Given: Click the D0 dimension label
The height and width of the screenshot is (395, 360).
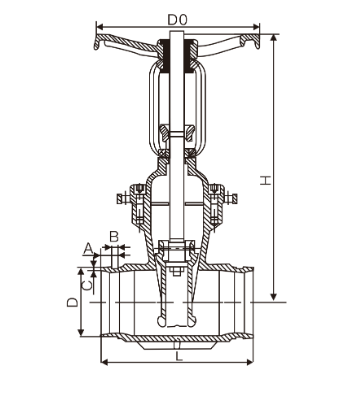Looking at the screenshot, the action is point(177,20).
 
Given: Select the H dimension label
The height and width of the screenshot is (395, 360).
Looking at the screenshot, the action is point(266,180).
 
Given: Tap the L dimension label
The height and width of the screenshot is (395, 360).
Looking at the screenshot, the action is point(179,356).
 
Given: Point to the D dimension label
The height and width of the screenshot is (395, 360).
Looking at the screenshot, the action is point(73,302).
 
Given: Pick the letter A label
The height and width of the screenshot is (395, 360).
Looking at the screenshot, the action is point(88,249).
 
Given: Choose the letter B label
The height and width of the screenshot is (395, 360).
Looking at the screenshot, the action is point(114,237).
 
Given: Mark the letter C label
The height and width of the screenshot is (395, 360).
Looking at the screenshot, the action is point(87,285).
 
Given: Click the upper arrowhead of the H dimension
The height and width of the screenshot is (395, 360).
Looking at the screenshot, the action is point(274,37).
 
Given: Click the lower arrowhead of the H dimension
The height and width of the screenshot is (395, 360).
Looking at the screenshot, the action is point(274,297).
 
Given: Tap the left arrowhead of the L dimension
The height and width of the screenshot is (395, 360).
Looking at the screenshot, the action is point(104,362).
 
